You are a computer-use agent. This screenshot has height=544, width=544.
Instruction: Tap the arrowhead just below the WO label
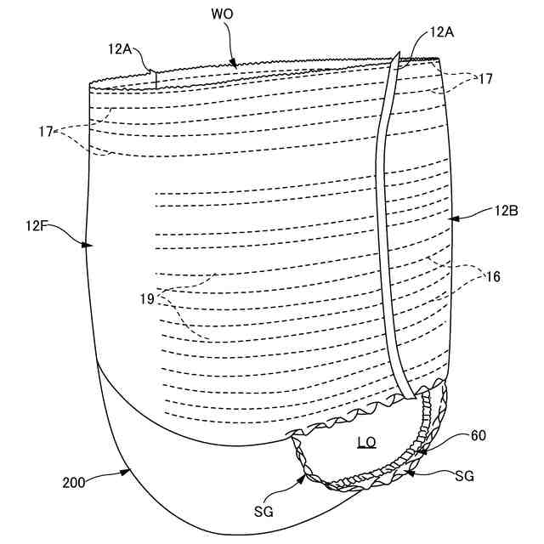pos(234,62)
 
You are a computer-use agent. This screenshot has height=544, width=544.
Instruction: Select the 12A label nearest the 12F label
pos(121,48)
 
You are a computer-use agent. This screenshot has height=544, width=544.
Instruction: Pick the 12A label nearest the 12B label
pos(442,31)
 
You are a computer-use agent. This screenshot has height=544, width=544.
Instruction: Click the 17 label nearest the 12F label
pos(45,132)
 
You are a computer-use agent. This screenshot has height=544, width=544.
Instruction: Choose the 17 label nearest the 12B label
pos(485,78)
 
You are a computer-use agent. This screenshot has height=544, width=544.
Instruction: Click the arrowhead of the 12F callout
pos(88,245)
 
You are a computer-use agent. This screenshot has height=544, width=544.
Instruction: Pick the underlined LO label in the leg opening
pos(366,442)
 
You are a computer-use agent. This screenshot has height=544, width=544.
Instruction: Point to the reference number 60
pos(479,436)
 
